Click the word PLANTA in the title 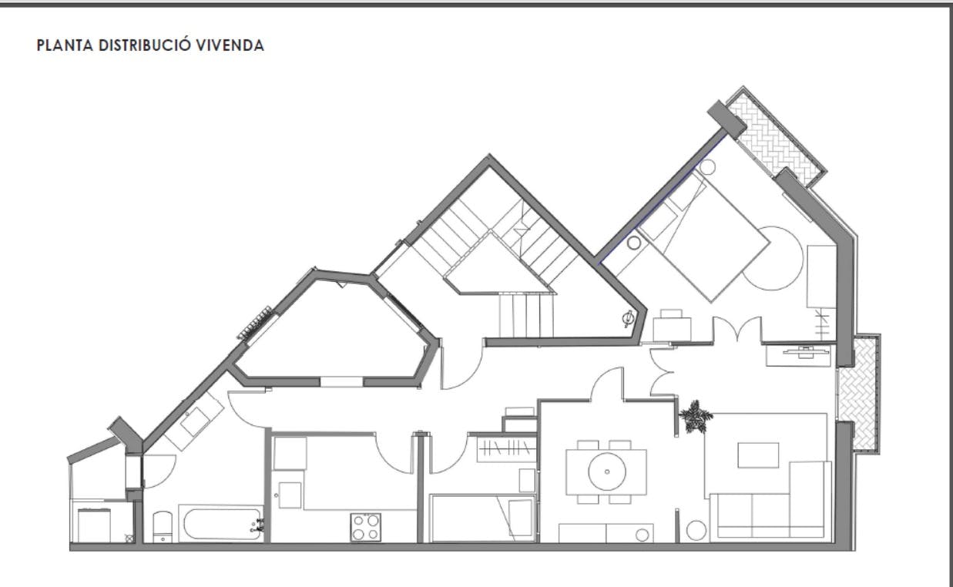[x=65, y=45]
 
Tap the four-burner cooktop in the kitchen [x=365, y=527]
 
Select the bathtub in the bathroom [x=221, y=523]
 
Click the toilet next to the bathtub [x=163, y=527]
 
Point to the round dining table [x=607, y=471]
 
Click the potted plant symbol [x=695, y=417]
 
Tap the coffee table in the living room [x=758, y=455]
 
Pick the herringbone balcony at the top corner [x=775, y=136]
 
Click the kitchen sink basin [x=290, y=495]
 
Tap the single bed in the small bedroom [x=482, y=518]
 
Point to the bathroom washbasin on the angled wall [x=193, y=421]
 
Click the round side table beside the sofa [x=696, y=531]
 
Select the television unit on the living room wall [x=797, y=356]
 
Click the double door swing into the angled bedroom [x=737, y=329]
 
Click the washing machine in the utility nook [x=94, y=525]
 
